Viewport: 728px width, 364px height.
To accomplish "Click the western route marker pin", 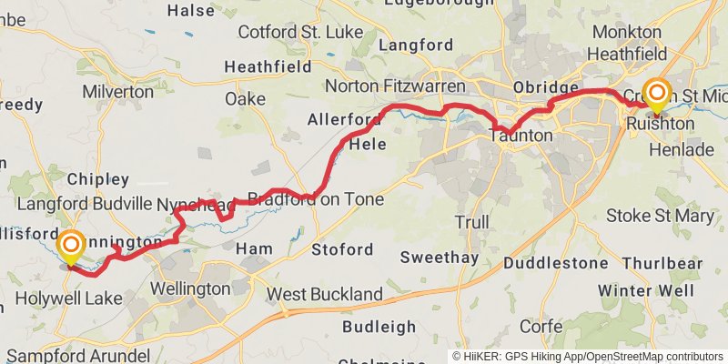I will point(70,248).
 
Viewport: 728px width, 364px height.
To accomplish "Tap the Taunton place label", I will point(520,135).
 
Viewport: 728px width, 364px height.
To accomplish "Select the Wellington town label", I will point(189,288).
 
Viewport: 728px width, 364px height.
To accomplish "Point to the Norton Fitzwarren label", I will point(395,86).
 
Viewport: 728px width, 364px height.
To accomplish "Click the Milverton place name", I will point(117,91).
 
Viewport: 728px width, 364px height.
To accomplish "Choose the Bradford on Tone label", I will point(316,199).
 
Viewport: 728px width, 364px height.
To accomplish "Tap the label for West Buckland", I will point(324,295).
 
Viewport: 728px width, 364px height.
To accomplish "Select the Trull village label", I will point(471,222).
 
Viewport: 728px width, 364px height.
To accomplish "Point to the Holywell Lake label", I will point(68,298).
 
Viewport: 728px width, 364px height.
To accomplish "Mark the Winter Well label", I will point(646,291).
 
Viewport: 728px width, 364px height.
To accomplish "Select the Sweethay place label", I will point(438,258).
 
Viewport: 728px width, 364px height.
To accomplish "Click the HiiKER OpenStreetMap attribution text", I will point(588,356).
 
